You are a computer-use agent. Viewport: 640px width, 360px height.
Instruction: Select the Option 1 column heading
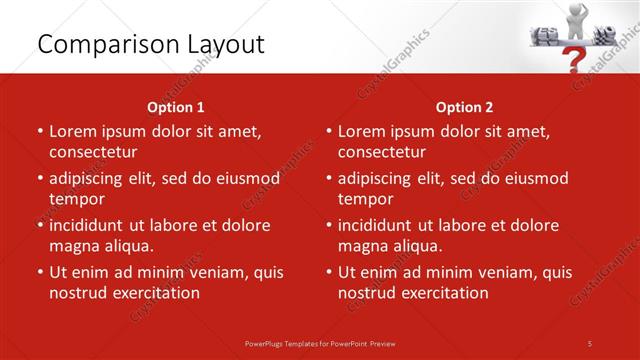pyautogui.click(x=176, y=107)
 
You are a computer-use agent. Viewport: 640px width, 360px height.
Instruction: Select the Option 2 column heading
pyautogui.click(x=464, y=107)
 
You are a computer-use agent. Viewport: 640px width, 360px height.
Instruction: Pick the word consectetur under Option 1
pyautogui.click(x=93, y=152)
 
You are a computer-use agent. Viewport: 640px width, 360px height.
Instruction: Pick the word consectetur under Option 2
pyautogui.click(x=382, y=152)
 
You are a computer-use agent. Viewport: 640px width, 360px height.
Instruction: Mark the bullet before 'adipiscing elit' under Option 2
pyautogui.click(x=329, y=179)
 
